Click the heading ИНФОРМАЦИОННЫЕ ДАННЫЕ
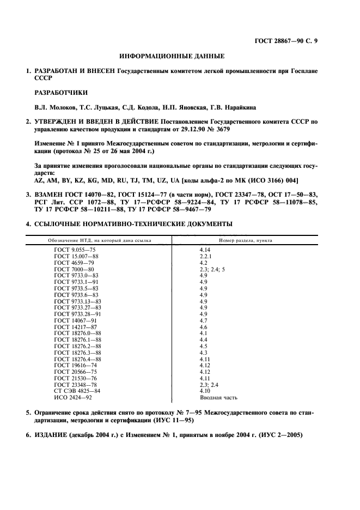click(172, 56)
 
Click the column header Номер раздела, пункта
click(245, 240)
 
